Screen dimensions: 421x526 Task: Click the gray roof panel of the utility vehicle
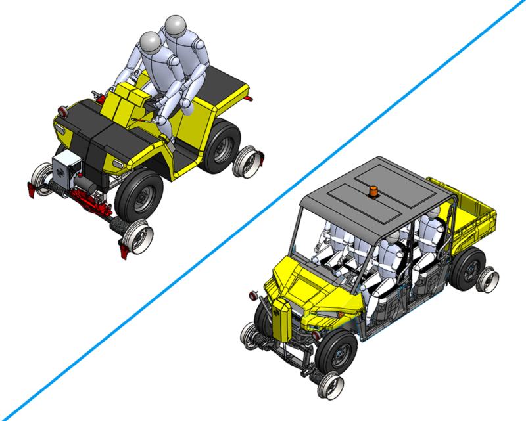pyautogui.click(x=368, y=184)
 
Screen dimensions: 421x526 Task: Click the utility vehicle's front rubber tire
pyautogui.click(x=340, y=355)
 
